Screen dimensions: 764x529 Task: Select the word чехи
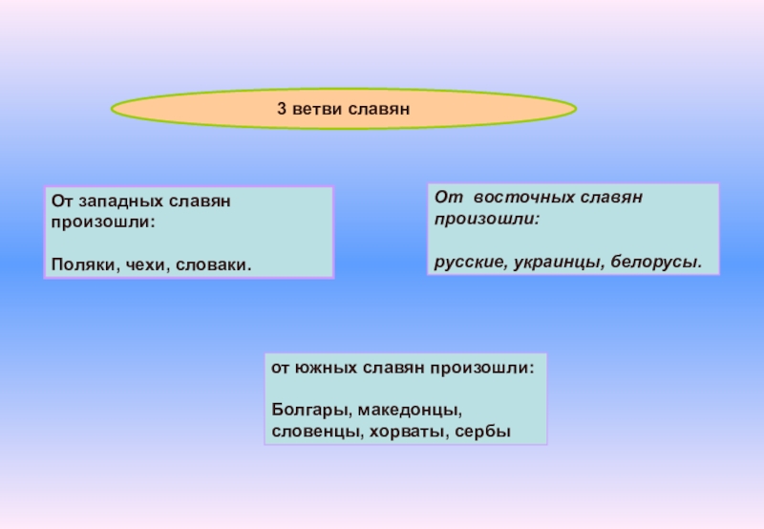[141, 262]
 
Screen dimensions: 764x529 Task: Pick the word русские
[465, 260]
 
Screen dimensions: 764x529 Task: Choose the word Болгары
[302, 411]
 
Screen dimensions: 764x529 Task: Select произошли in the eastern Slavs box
[486, 219]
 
